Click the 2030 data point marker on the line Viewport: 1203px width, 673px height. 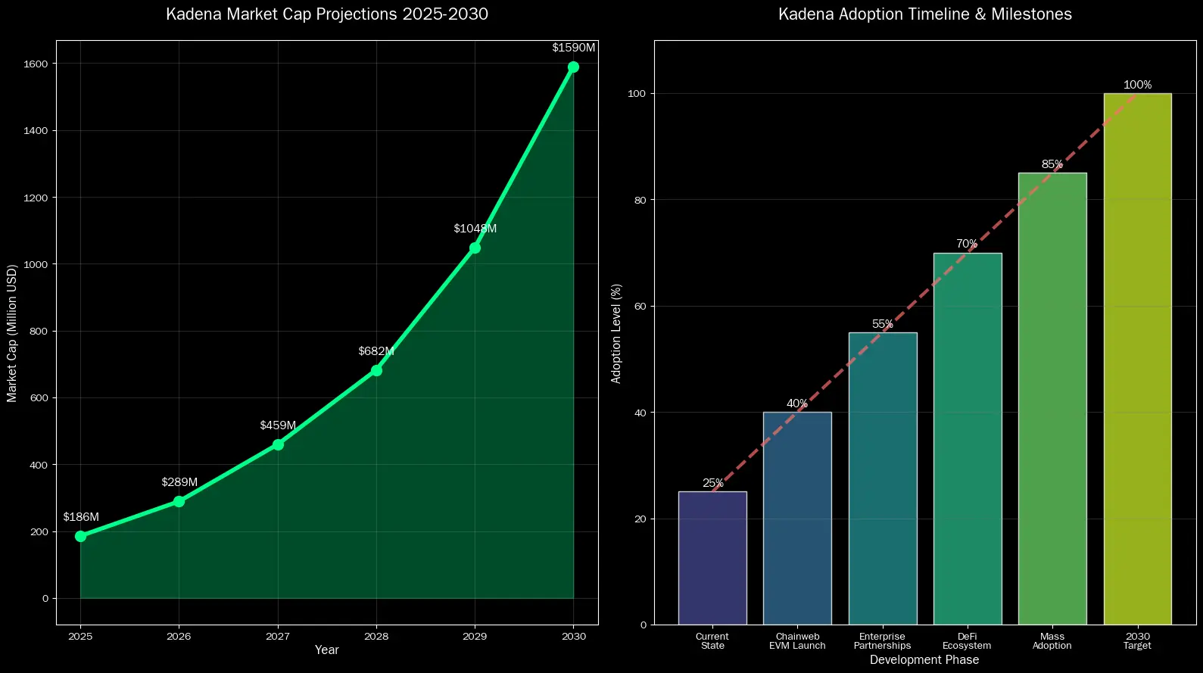pyautogui.click(x=573, y=67)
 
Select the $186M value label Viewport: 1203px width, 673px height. pyautogui.click(x=81, y=517)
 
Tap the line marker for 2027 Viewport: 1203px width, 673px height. pyautogui.click(x=278, y=444)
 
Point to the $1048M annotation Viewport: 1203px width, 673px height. pyautogui.click(x=475, y=229)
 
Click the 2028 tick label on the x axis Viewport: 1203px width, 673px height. pyautogui.click(x=376, y=637)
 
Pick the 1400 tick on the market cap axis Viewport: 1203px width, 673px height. pyautogui.click(x=35, y=131)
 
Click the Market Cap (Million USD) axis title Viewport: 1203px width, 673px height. pyautogui.click(x=12, y=333)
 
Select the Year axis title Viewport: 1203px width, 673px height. pyautogui.click(x=327, y=650)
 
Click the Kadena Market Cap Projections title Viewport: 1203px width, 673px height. pyautogui.click(x=327, y=14)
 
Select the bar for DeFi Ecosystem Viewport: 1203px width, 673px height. pyautogui.click(x=968, y=439)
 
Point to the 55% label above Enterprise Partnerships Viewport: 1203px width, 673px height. pyautogui.click(x=882, y=324)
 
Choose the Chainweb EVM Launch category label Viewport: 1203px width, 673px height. pyautogui.click(x=797, y=641)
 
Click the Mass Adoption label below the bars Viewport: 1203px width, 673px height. pyautogui.click(x=1052, y=641)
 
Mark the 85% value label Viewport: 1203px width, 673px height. pyautogui.click(x=1052, y=164)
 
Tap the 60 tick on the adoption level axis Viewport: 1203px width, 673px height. pyautogui.click(x=640, y=307)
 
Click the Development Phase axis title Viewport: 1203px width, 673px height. pyautogui.click(x=924, y=660)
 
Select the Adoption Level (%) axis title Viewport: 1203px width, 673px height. pyautogui.click(x=616, y=333)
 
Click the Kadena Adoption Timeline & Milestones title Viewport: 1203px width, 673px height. pyautogui.click(x=924, y=14)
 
